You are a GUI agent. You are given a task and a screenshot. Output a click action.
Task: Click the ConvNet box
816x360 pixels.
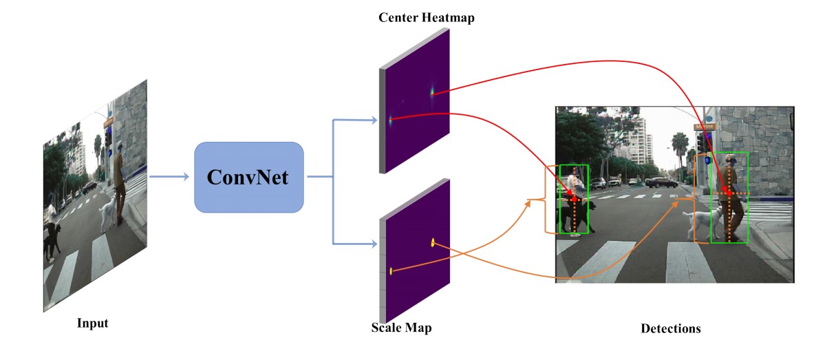[249, 177]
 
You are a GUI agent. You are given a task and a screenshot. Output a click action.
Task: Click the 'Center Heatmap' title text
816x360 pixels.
[427, 17]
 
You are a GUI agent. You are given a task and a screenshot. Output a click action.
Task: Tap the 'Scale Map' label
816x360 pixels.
[401, 328]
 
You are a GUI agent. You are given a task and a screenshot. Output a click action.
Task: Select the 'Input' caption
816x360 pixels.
[93, 322]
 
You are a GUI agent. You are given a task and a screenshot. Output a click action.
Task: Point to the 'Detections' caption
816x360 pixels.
[670, 328]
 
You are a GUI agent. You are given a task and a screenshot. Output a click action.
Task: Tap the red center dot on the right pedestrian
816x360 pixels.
[729, 194]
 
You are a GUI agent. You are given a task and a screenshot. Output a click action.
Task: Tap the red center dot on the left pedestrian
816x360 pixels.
[575, 198]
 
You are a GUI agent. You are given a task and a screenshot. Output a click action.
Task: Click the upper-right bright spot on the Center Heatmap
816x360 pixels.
[433, 91]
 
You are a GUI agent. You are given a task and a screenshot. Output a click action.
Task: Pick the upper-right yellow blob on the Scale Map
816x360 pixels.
[433, 242]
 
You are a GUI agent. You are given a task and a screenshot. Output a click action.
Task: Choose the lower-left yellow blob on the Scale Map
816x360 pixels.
[391, 271]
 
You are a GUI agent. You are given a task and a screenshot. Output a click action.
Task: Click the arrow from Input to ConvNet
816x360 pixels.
[169, 177]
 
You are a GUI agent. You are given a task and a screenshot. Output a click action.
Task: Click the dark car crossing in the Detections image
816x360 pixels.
[661, 182]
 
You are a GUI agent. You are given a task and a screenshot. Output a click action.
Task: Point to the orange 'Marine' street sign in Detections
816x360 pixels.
[705, 127]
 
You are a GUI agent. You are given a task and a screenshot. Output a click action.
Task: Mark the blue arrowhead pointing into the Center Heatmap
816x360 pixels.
[374, 120]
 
